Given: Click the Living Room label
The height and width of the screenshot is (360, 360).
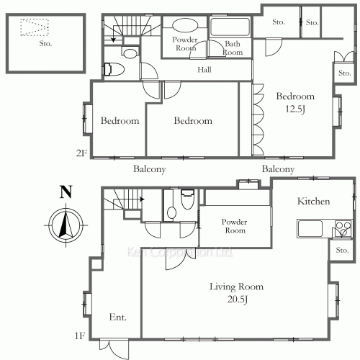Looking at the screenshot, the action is pyautogui.click(x=236, y=287).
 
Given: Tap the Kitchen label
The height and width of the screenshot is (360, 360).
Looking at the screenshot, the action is pyautogui.click(x=313, y=201).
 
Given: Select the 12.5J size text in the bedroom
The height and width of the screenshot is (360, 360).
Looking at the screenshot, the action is pyautogui.click(x=295, y=109).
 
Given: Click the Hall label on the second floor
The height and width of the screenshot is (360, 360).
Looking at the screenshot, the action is pyautogui.click(x=204, y=70).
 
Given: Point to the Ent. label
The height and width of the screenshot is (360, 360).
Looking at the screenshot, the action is pyautogui.click(x=117, y=318).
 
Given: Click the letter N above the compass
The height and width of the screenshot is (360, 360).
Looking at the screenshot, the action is pyautogui.click(x=66, y=192).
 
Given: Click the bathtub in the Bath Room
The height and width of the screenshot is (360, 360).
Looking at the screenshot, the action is pyautogui.click(x=230, y=27).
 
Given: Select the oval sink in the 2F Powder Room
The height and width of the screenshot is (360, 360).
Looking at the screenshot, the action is pyautogui.click(x=185, y=25).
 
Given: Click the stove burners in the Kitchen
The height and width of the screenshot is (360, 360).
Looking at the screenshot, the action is pyautogui.click(x=343, y=229).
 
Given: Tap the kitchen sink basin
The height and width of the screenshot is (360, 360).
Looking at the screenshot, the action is pyautogui.click(x=310, y=229).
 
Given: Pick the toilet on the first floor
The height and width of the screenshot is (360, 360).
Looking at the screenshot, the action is pyautogui.click(x=187, y=199).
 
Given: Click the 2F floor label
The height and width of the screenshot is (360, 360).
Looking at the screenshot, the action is pyautogui.click(x=81, y=153).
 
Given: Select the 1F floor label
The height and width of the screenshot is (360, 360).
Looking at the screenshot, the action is pyautogui.click(x=80, y=336).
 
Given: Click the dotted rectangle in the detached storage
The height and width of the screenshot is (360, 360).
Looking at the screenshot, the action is pyautogui.click(x=35, y=27).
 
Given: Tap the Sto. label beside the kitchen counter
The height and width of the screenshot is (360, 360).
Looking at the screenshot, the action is pyautogui.click(x=342, y=250).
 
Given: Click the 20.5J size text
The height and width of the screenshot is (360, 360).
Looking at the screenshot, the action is pyautogui.click(x=237, y=300).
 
